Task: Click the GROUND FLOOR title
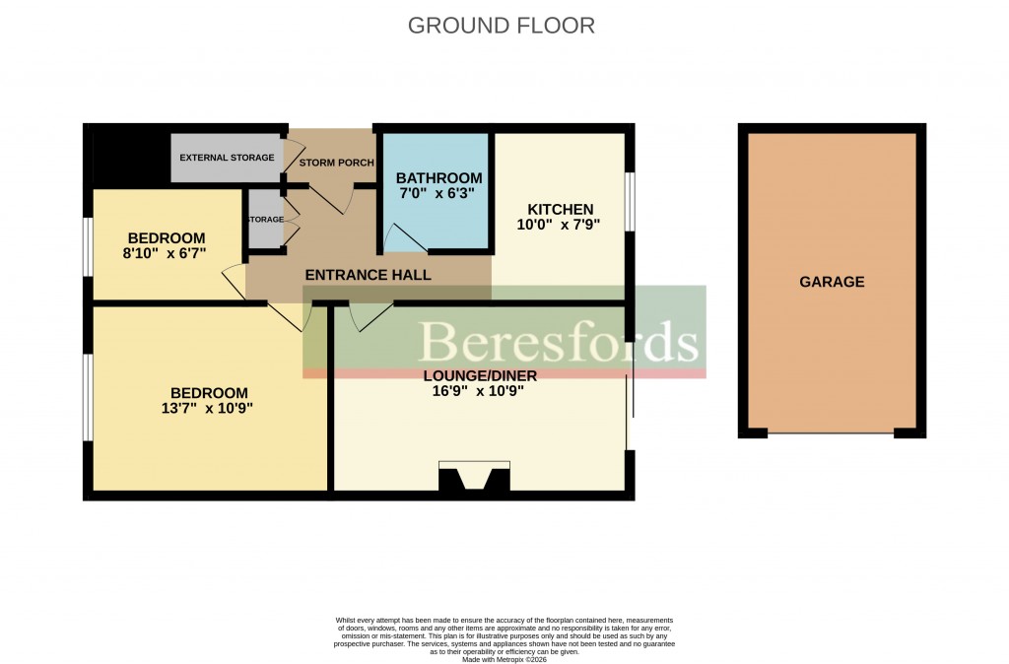502,26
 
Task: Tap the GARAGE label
832,282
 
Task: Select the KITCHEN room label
561,209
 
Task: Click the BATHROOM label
438,178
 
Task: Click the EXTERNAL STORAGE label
227,158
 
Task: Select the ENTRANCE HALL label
368,275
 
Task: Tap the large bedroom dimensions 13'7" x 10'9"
208,409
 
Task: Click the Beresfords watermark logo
560,342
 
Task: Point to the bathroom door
401,238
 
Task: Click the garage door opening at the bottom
831,432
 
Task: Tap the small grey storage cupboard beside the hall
266,220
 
